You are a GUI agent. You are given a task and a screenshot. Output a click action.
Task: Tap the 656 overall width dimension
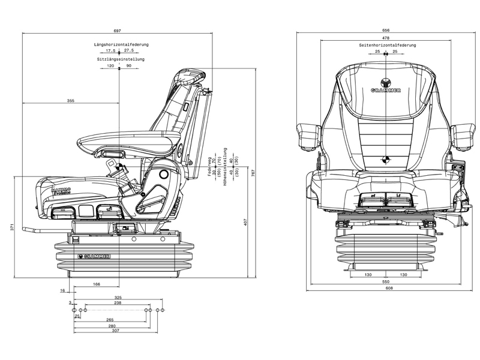(386, 30)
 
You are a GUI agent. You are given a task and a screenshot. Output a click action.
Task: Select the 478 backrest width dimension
(386, 38)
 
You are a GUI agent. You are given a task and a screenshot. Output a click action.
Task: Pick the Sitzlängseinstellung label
(121, 59)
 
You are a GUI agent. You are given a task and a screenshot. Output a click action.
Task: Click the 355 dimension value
(71, 101)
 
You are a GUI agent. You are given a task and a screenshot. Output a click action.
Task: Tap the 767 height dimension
(254, 172)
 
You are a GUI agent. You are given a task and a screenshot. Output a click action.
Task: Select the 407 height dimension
(246, 223)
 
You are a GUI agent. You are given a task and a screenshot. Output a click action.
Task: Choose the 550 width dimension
(386, 281)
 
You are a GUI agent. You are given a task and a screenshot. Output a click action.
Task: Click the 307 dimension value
(116, 331)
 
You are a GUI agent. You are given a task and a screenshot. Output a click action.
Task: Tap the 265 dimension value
(110, 319)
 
